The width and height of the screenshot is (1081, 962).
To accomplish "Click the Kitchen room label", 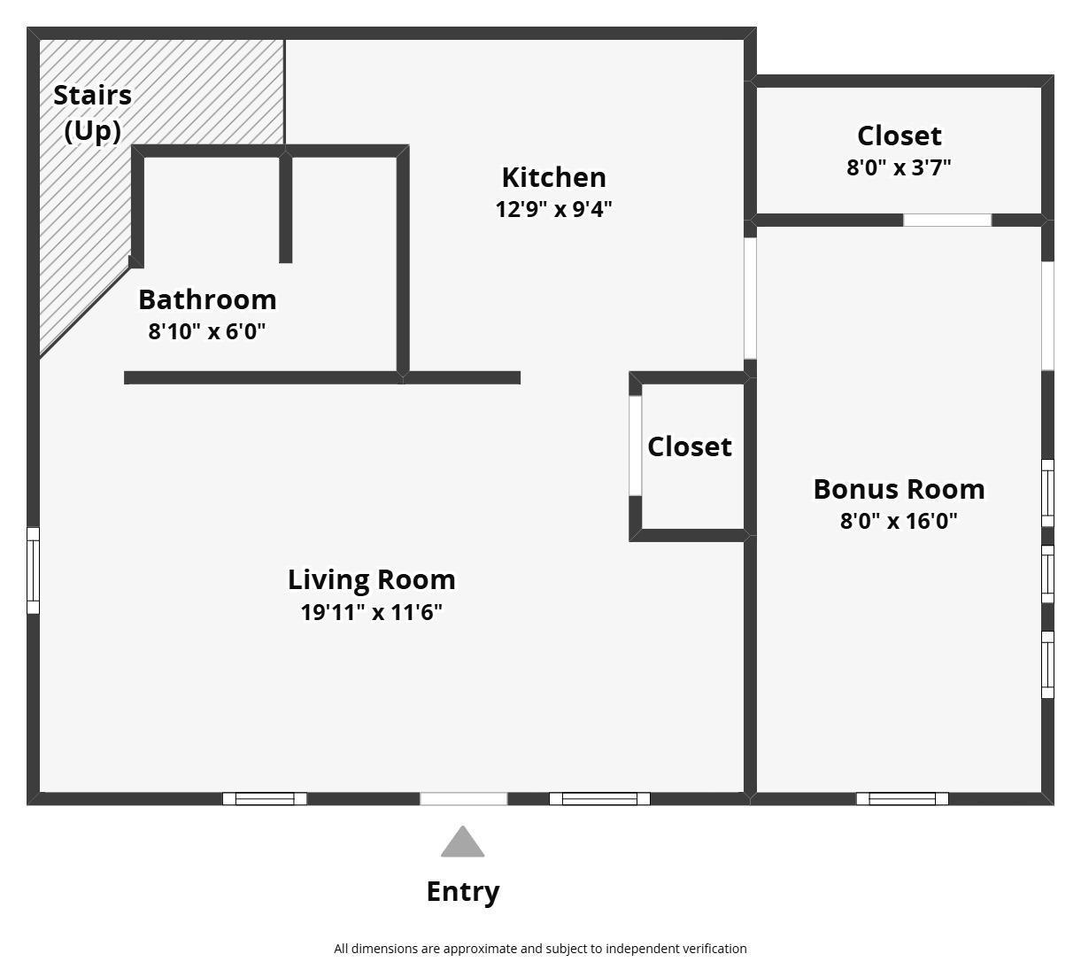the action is coord(554,177).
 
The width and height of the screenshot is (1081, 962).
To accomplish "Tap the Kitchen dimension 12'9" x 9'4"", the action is coord(554,209).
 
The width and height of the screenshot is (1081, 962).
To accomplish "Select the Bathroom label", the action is coord(207,299).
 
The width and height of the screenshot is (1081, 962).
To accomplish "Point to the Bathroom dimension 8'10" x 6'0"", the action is coord(207,331).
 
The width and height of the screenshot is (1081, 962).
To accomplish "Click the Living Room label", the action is coord(371,579).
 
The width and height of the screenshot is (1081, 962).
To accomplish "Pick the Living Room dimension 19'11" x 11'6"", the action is coord(371,612).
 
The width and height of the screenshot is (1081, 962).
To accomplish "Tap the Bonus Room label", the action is coord(899,489).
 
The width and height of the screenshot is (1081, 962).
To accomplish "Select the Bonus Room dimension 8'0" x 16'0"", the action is coord(899,521).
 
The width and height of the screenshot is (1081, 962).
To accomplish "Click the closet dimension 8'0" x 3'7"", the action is coord(899,167).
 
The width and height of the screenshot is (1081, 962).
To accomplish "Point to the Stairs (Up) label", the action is coord(93,113).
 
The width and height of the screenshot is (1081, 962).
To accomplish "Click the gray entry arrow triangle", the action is coord(463,842).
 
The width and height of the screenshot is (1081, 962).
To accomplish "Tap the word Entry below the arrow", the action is coord(463,891).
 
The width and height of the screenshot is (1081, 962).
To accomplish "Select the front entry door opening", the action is coord(464,799).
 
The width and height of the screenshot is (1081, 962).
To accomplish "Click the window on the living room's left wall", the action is coord(33,570).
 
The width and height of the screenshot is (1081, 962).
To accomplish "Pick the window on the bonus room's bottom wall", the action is coord(902,799).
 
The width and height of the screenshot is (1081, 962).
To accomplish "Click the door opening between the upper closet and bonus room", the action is coord(947,220).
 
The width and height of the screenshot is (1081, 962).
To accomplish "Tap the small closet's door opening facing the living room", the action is coord(636,446).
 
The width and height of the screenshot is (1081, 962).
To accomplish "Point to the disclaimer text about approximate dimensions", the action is coord(540,949).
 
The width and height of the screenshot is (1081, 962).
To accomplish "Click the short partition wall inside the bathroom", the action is coord(285,207).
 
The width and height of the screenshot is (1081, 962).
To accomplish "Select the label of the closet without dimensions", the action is coord(690,446).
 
